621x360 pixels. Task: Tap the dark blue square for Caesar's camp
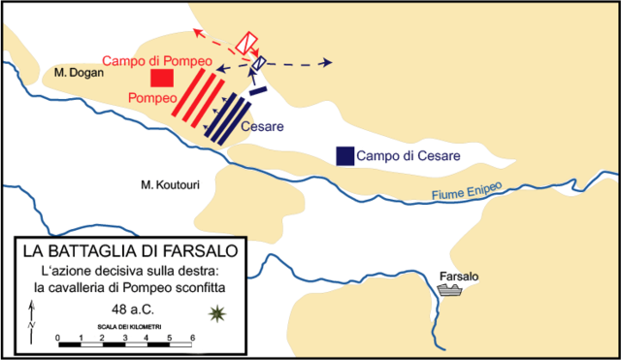[343, 155]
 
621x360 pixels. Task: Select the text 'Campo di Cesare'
[407, 156]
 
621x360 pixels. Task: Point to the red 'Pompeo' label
[149, 99]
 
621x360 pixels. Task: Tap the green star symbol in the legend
[216, 312]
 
